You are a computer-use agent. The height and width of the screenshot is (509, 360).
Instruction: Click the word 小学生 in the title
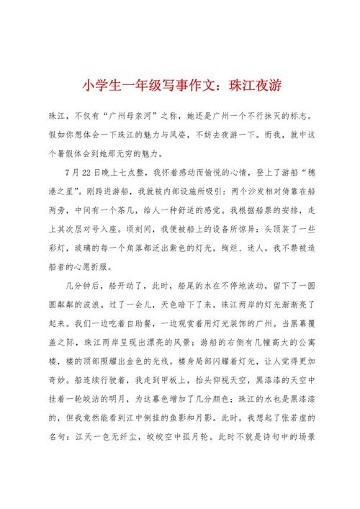(98, 85)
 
